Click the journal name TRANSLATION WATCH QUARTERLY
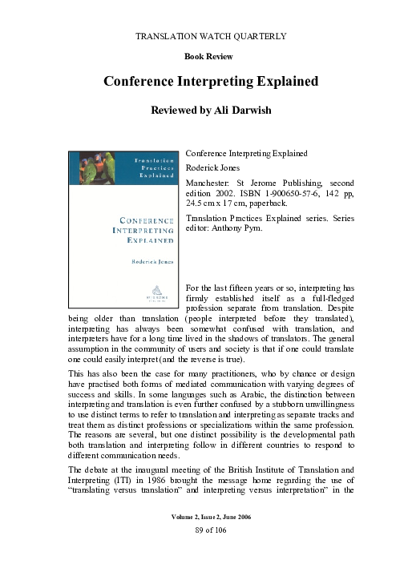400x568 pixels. coord(200,37)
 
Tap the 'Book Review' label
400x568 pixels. coord(200,58)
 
